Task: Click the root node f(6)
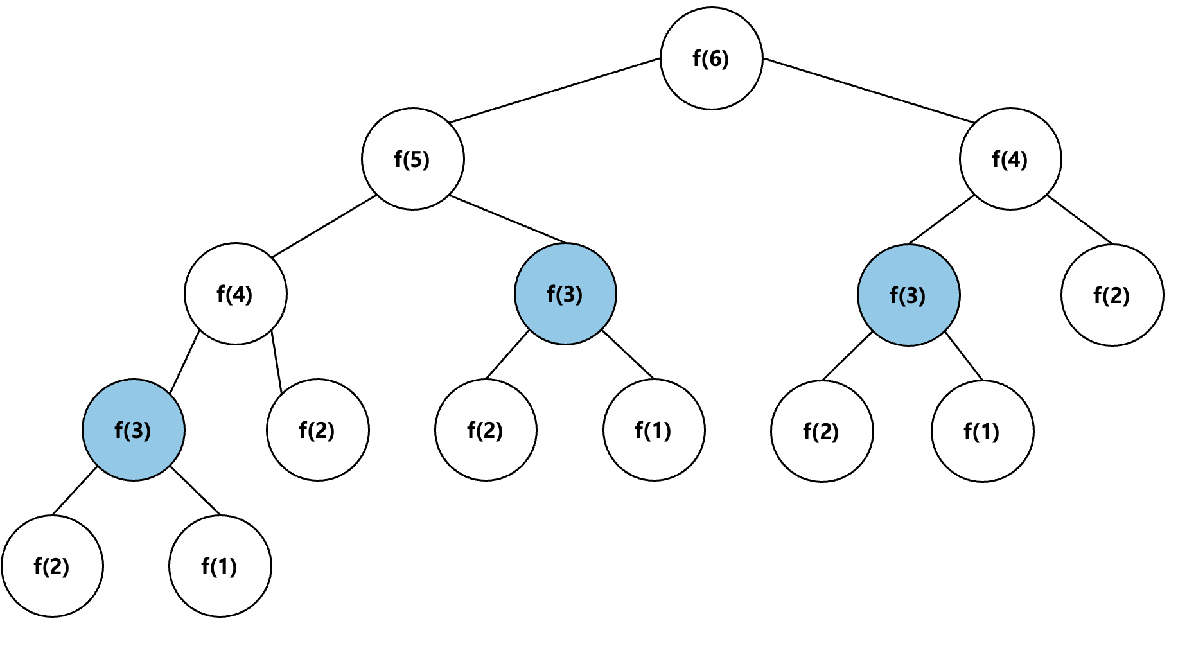[x=711, y=58]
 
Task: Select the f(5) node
[x=412, y=159]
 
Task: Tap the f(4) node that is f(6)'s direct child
[x=1010, y=159]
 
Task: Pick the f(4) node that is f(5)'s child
[x=236, y=293]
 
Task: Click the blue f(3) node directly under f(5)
[x=565, y=293]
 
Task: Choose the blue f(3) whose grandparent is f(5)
[x=134, y=430]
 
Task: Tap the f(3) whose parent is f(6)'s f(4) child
[x=908, y=295]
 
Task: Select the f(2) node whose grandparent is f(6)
[x=1112, y=295]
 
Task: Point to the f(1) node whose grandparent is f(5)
[x=654, y=430]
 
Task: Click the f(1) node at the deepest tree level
[x=220, y=566]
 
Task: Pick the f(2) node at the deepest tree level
[x=52, y=566]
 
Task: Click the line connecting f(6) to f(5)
[x=555, y=91]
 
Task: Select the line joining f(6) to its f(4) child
[x=868, y=91]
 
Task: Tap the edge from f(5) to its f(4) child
[x=324, y=226]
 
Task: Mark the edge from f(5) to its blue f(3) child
[x=507, y=219]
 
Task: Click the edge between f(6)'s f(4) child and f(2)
[x=1080, y=220]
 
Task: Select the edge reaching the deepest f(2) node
[x=75, y=491]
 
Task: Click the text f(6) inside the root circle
[x=711, y=58]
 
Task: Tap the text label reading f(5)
[x=412, y=159]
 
